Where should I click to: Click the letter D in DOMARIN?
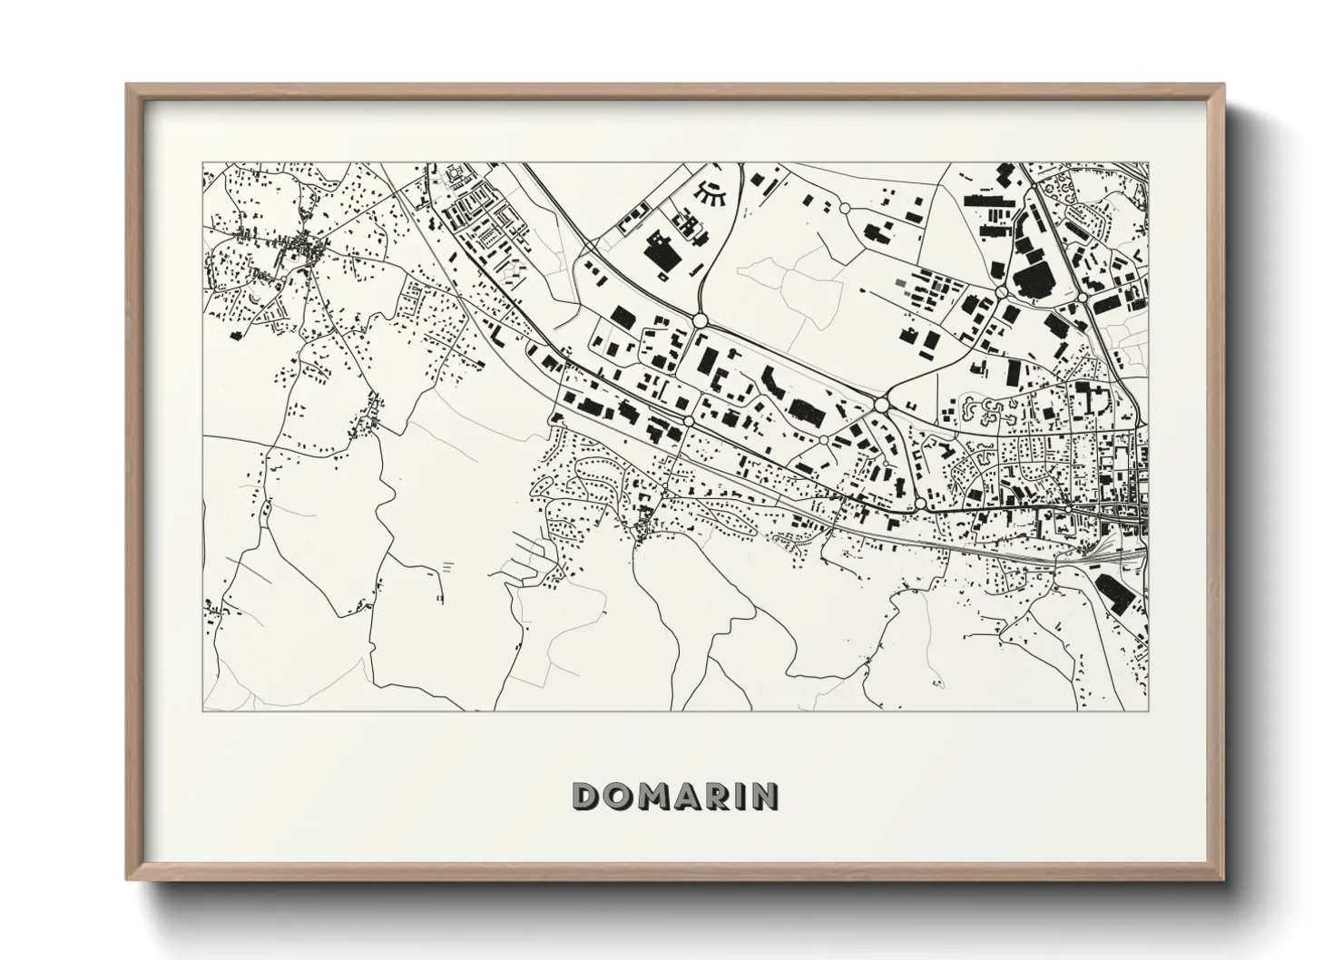pyautogui.click(x=585, y=796)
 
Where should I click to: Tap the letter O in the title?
pyautogui.click(x=618, y=796)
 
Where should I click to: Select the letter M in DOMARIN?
pyautogui.click(x=653, y=796)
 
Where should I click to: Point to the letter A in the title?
pyautogui.click(x=688, y=796)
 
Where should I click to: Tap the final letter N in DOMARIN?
pyautogui.click(x=766, y=796)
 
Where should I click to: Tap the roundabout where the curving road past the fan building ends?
pyautogui.click(x=699, y=320)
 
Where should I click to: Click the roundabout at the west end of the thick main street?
pyautogui.click(x=920, y=503)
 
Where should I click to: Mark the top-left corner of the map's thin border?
pyautogui.click(x=202, y=163)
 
